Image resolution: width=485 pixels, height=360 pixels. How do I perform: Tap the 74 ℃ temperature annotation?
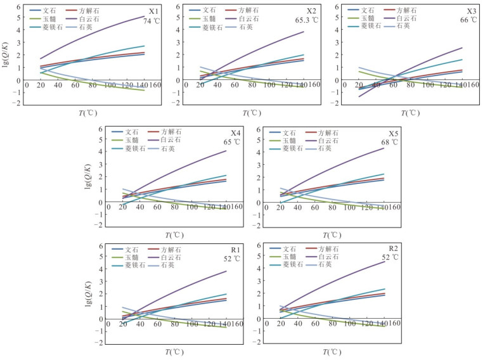tap(151, 20)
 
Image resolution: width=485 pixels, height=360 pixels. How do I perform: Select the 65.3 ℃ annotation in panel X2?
tap(306, 20)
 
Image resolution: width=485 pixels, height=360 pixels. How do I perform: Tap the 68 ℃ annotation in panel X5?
tap(389, 141)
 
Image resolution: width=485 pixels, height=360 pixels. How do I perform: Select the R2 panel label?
tap(393, 248)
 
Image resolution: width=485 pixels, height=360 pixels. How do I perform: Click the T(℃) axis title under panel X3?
tap(410, 113)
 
